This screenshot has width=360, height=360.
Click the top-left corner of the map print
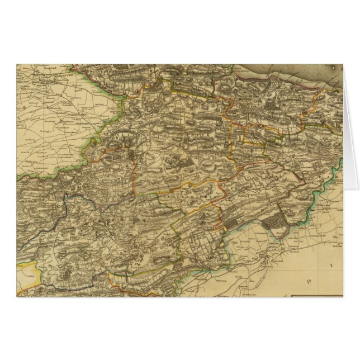tap(17, 64)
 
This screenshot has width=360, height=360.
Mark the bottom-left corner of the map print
tap(17, 296)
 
